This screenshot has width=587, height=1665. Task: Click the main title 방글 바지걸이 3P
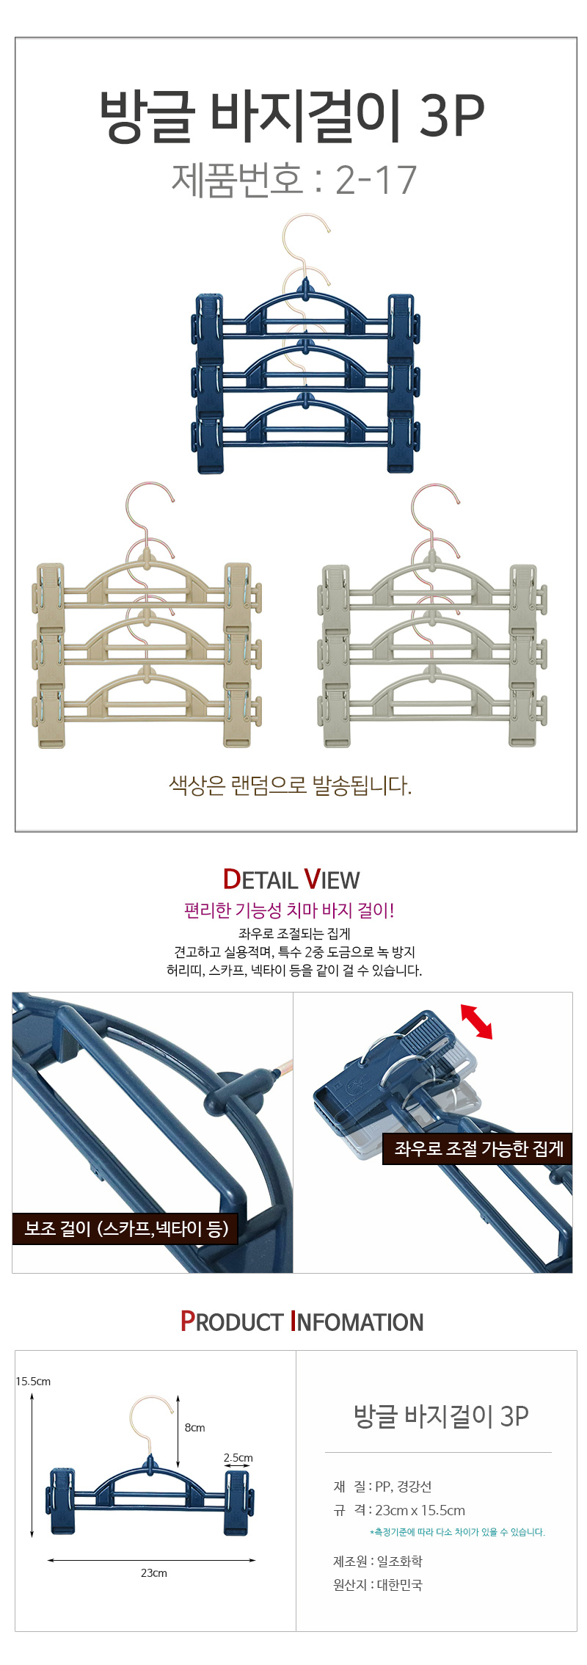292,115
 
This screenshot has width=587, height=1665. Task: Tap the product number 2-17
376,180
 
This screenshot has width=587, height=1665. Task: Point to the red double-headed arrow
476,1021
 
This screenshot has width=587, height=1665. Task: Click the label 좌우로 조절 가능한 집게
478,1148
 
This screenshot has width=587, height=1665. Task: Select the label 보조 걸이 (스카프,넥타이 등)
126,1227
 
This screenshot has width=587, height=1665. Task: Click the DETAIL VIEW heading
291,879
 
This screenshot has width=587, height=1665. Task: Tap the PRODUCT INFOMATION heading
302,1321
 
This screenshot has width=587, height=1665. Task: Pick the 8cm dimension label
194,1427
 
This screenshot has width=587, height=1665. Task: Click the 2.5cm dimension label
238,1457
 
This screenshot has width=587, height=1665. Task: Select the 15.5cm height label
33,1381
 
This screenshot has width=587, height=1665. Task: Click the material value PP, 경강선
404,1487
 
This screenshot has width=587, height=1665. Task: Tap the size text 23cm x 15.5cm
420,1510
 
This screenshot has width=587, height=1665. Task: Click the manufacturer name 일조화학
400,1561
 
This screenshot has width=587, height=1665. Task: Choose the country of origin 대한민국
400,1585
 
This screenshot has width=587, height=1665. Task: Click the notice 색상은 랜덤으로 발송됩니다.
291,786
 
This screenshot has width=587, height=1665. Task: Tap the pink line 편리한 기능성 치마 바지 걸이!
289,910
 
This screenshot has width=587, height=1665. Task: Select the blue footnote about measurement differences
457,1532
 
